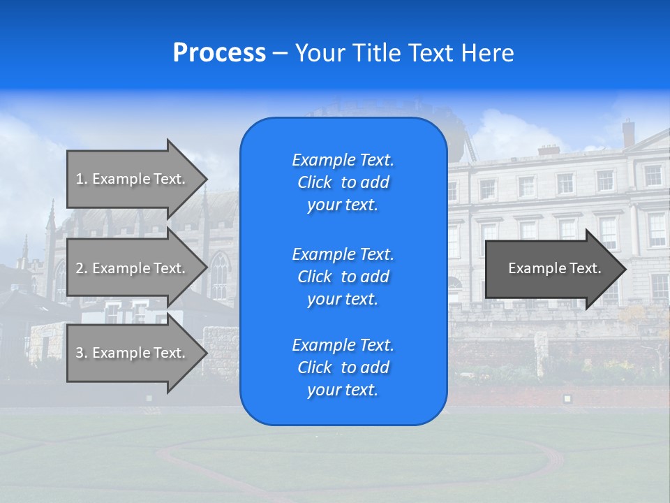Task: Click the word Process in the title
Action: (219, 53)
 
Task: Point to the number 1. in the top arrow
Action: (82, 179)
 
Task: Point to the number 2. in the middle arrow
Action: (82, 268)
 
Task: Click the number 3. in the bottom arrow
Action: (82, 353)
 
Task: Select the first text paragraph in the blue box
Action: (343, 182)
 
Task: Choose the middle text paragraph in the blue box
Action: (343, 277)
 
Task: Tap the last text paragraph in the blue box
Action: (343, 367)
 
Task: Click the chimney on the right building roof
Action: (628, 132)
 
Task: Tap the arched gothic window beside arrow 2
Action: (219, 275)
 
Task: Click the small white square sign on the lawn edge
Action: (567, 398)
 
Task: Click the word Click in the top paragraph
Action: (314, 182)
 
